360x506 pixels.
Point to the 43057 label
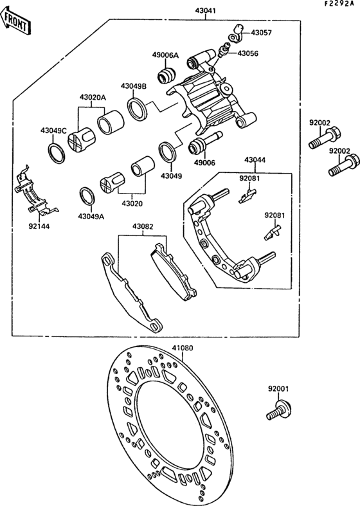261,33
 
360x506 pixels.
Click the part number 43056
248,53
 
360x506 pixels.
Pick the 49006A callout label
165,55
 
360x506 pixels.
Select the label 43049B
134,86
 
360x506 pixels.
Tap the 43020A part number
93,98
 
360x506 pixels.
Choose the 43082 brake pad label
143,227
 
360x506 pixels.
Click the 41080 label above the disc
182,348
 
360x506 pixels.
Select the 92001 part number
279,389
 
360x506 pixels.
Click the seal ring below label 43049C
57,152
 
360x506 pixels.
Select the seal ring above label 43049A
86,195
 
